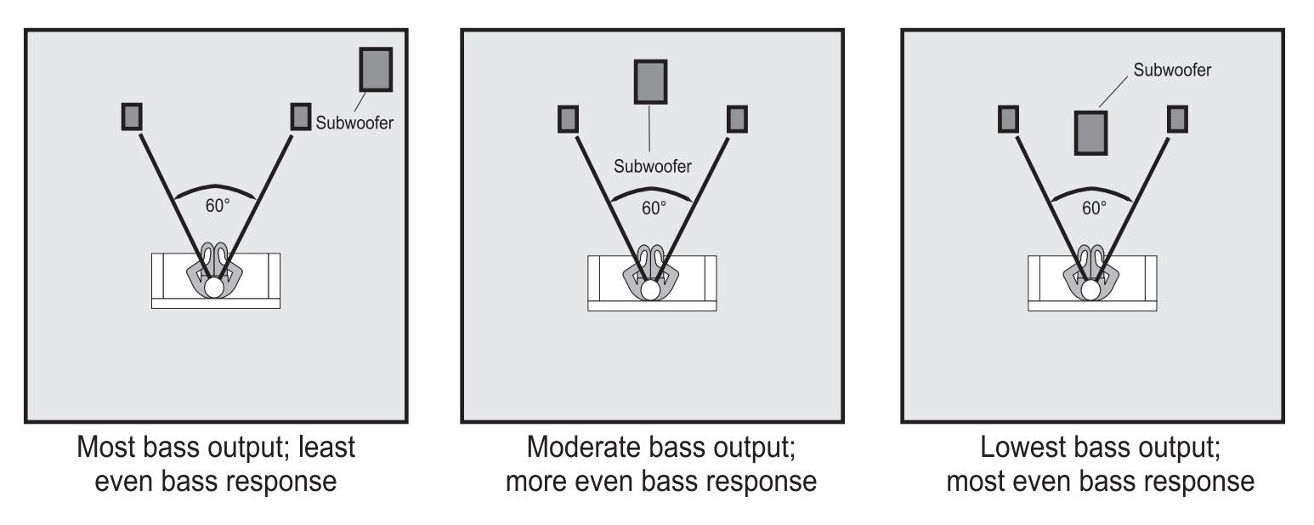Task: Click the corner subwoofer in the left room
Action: pyautogui.click(x=376, y=69)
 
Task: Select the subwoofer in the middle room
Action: pyautogui.click(x=650, y=82)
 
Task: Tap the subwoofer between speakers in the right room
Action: pyautogui.click(x=1090, y=133)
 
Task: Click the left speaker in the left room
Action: pyautogui.click(x=132, y=117)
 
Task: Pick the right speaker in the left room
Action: pyautogui.click(x=301, y=117)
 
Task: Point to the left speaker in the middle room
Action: pyautogui.click(x=568, y=119)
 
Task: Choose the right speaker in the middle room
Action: pyautogui.click(x=738, y=119)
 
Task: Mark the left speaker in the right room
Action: pyautogui.click(x=1008, y=119)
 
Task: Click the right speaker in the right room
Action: pyautogui.click(x=1177, y=119)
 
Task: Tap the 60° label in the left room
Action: pyautogui.click(x=218, y=206)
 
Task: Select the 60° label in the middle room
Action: pyautogui.click(x=654, y=208)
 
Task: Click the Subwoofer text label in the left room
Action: pyautogui.click(x=354, y=123)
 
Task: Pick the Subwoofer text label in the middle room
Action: pyautogui.click(x=652, y=166)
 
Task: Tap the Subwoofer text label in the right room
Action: pyautogui.click(x=1172, y=70)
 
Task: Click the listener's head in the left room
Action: pyautogui.click(x=214, y=287)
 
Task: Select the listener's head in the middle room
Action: pyautogui.click(x=650, y=289)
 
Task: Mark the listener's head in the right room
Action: pyautogui.click(x=1090, y=289)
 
